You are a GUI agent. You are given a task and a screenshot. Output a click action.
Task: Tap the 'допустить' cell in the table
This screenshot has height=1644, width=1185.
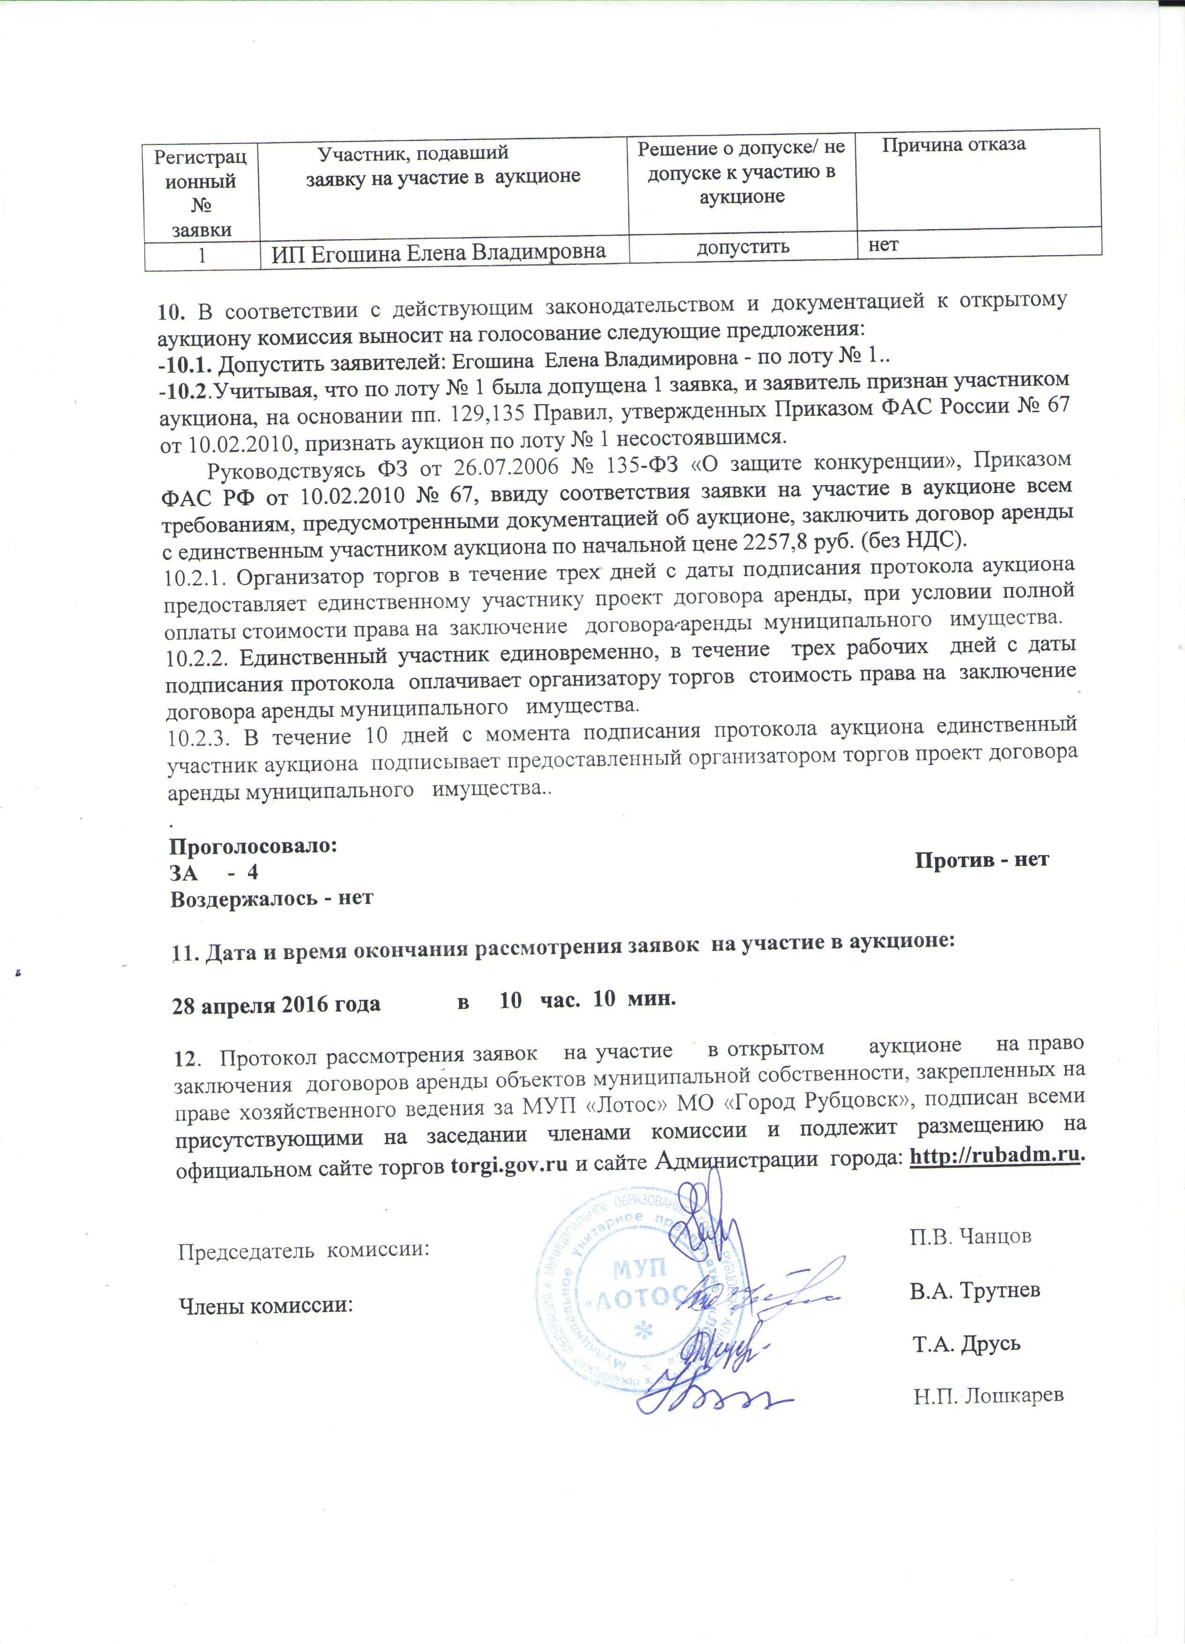(x=742, y=247)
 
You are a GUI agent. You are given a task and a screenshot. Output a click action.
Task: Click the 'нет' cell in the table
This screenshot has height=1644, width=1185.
(x=884, y=245)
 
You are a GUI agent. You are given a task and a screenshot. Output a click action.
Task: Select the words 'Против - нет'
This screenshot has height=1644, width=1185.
(x=982, y=860)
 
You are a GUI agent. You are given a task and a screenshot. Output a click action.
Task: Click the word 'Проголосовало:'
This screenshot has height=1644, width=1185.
(x=253, y=846)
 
